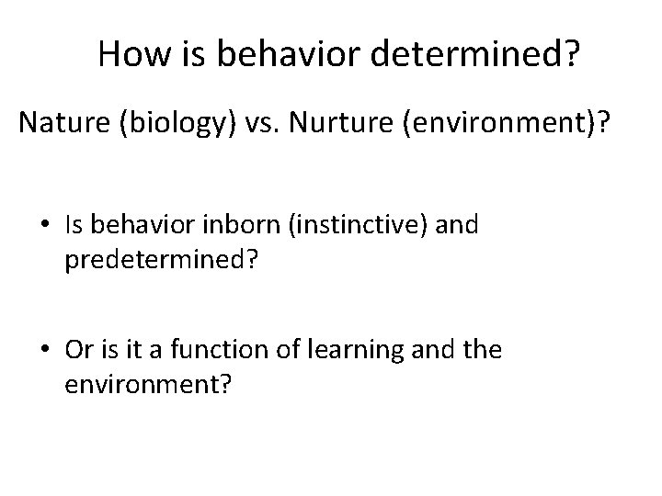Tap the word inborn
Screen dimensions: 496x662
coord(245,226)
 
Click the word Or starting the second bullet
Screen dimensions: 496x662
coord(78,350)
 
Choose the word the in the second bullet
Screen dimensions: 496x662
coord(484,350)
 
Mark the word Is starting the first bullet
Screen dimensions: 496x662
coord(76,226)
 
